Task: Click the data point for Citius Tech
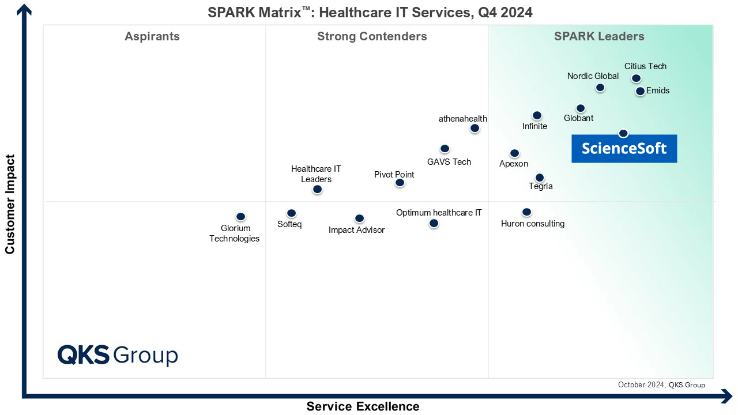(x=636, y=78)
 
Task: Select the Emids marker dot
(x=640, y=91)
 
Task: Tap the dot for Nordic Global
(x=600, y=88)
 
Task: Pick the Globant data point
(x=581, y=108)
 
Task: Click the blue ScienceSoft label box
(x=624, y=149)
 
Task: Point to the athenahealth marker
(x=475, y=129)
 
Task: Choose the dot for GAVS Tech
(x=445, y=149)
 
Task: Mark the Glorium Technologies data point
(x=241, y=217)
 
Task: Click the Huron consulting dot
(x=526, y=212)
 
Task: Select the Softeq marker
(x=291, y=213)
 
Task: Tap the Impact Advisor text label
(x=356, y=230)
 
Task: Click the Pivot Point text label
(x=394, y=175)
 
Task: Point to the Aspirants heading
(x=152, y=37)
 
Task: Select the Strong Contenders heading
(x=372, y=37)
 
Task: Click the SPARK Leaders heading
(x=599, y=37)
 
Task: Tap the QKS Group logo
(x=118, y=354)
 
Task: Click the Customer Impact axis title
(x=10, y=204)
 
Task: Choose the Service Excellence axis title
(x=363, y=406)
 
